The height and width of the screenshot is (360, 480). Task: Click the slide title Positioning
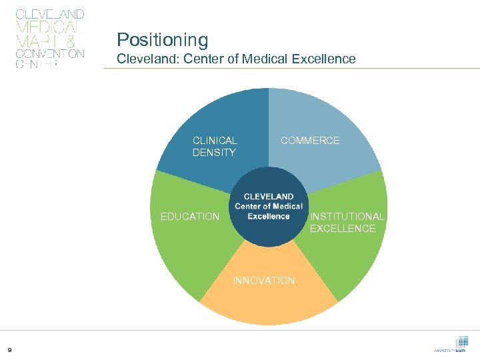click(x=162, y=40)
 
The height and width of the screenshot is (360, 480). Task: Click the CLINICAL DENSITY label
click(x=214, y=147)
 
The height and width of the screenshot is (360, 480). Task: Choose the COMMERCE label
click(x=310, y=141)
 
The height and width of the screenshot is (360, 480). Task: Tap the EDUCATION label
click(x=189, y=217)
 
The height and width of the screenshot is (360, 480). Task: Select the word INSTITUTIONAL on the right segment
click(x=347, y=217)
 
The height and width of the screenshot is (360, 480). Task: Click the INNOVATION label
click(x=264, y=281)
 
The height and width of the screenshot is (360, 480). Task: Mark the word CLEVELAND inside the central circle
click(x=269, y=197)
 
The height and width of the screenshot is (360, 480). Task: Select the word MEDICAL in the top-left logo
click(x=46, y=27)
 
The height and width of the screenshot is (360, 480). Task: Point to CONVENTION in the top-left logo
click(x=49, y=53)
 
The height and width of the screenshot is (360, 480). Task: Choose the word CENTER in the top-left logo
click(x=37, y=65)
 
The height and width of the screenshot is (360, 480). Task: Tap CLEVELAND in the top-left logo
click(x=49, y=14)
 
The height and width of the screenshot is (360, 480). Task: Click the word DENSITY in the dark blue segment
click(x=214, y=153)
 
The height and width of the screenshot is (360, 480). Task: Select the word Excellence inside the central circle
click(x=269, y=216)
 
